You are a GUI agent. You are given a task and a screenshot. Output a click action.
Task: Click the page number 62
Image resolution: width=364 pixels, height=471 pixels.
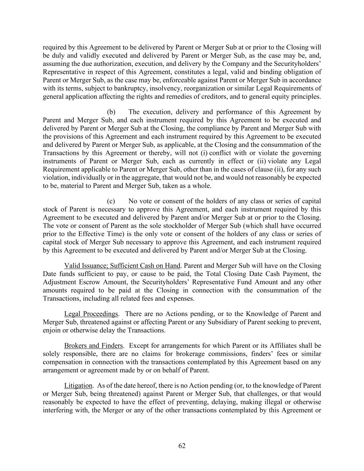tap(182, 446)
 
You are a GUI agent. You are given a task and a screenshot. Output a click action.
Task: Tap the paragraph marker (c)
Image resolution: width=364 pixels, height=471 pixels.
tap(111, 201)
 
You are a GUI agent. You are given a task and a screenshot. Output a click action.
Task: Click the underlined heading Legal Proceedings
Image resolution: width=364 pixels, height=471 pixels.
tap(91, 314)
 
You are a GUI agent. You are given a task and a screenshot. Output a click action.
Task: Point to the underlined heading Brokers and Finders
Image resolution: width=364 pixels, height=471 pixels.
tap(94, 346)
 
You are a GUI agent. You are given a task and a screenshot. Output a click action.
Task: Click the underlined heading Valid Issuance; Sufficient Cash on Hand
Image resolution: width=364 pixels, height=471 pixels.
tap(122, 266)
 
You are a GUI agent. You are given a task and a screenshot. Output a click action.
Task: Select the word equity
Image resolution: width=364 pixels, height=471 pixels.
tap(278, 97)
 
